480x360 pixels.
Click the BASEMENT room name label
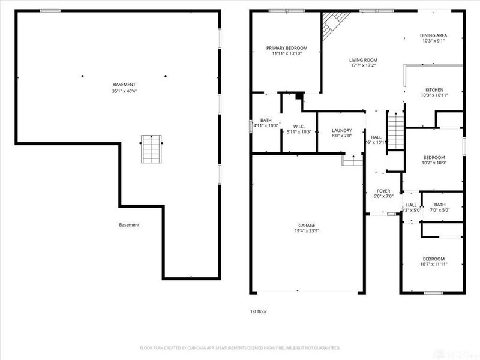[x=124, y=85]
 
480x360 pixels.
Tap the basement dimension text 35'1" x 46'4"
[x=124, y=91]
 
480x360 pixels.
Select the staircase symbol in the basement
[x=151, y=149]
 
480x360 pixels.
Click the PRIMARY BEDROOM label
[x=287, y=48]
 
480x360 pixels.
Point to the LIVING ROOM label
[x=363, y=60]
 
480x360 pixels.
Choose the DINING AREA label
[x=433, y=35]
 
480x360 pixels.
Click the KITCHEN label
[x=434, y=89]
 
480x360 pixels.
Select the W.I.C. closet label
[x=299, y=127]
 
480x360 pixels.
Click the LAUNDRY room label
[x=341, y=130]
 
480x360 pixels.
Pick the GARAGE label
[x=306, y=225]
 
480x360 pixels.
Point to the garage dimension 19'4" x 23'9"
[x=306, y=231]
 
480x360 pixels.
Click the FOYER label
[x=383, y=191]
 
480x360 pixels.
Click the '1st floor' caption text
[x=259, y=312]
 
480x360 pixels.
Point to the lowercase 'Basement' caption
[x=129, y=225]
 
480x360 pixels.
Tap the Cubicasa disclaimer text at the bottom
[x=240, y=347]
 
